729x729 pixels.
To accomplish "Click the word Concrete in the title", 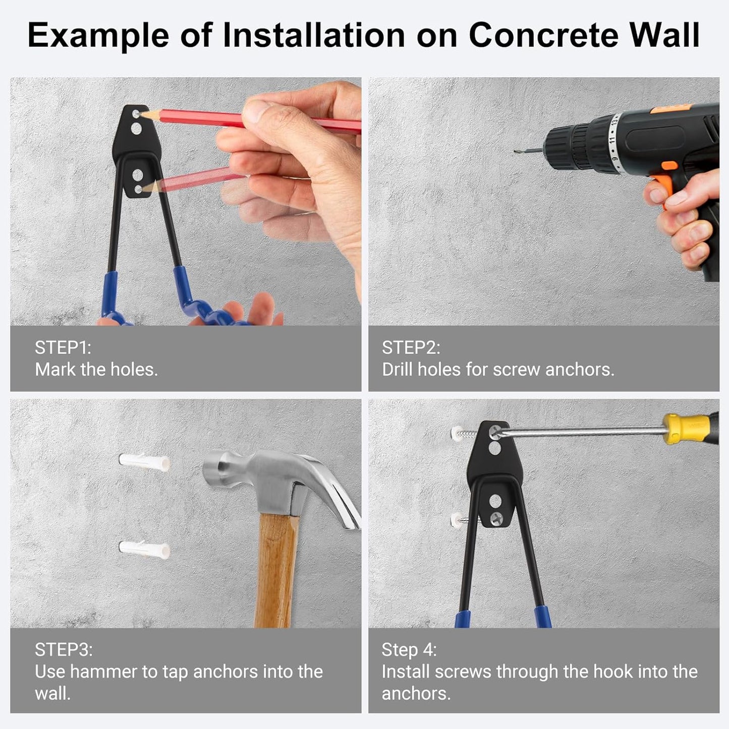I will [x=544, y=35].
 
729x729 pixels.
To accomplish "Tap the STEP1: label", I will [x=63, y=348].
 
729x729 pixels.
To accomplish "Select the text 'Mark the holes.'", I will [x=96, y=370].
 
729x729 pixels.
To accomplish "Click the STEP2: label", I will [x=411, y=348].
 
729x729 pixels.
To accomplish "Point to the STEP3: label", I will [x=64, y=649].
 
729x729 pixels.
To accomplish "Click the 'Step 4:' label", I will [x=409, y=649].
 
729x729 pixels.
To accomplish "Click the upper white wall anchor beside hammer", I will [x=144, y=462].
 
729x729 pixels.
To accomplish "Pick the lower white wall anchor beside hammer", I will [x=144, y=548].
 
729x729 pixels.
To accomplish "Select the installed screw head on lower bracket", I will [x=496, y=518].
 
